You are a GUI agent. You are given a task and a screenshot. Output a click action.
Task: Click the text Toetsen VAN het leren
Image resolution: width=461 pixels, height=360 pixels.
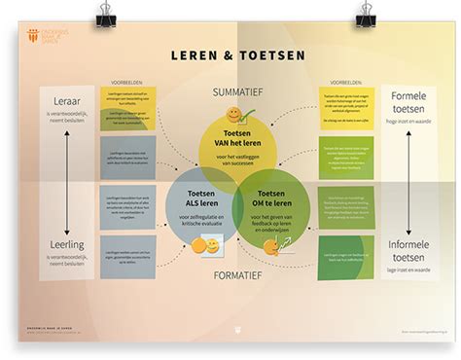[x=234, y=140]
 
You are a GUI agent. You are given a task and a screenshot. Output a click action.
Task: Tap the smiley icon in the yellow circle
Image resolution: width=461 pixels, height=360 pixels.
[x=234, y=116]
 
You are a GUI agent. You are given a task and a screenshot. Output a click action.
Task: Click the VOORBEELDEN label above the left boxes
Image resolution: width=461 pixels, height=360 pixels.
[x=127, y=83]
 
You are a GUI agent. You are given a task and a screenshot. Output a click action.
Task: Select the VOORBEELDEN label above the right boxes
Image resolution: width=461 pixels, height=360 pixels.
[x=345, y=83]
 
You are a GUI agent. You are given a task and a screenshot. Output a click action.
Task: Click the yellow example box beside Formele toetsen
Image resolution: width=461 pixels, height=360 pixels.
[x=345, y=108]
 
